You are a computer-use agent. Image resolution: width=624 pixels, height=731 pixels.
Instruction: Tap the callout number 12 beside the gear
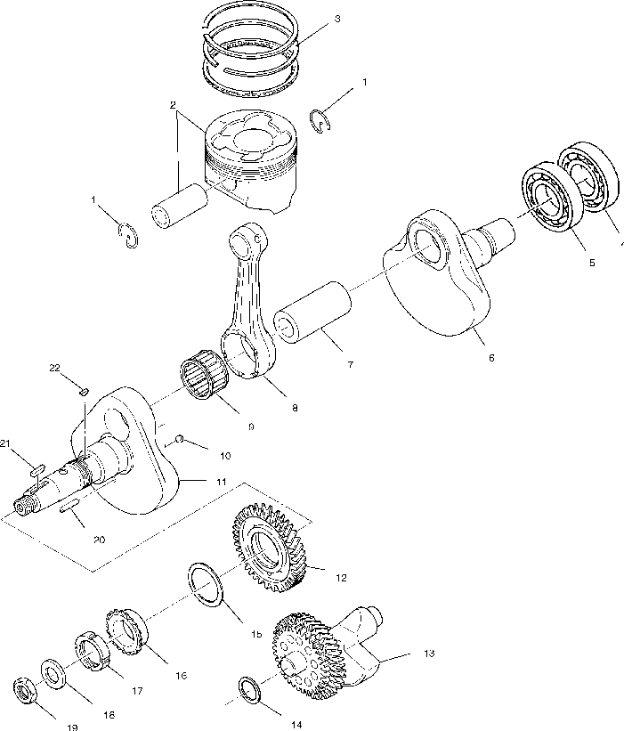pyautogui.click(x=341, y=577)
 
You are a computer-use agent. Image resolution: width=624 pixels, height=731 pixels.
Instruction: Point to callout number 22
pyautogui.click(x=55, y=369)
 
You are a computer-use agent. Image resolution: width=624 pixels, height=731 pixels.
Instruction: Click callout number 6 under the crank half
pyautogui.click(x=490, y=357)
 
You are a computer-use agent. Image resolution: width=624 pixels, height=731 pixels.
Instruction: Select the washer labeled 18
pyautogui.click(x=51, y=675)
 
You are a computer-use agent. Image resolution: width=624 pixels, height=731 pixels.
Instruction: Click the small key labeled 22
pyautogui.click(x=83, y=389)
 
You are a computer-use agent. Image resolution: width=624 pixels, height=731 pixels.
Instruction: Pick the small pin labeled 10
pyautogui.click(x=180, y=439)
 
